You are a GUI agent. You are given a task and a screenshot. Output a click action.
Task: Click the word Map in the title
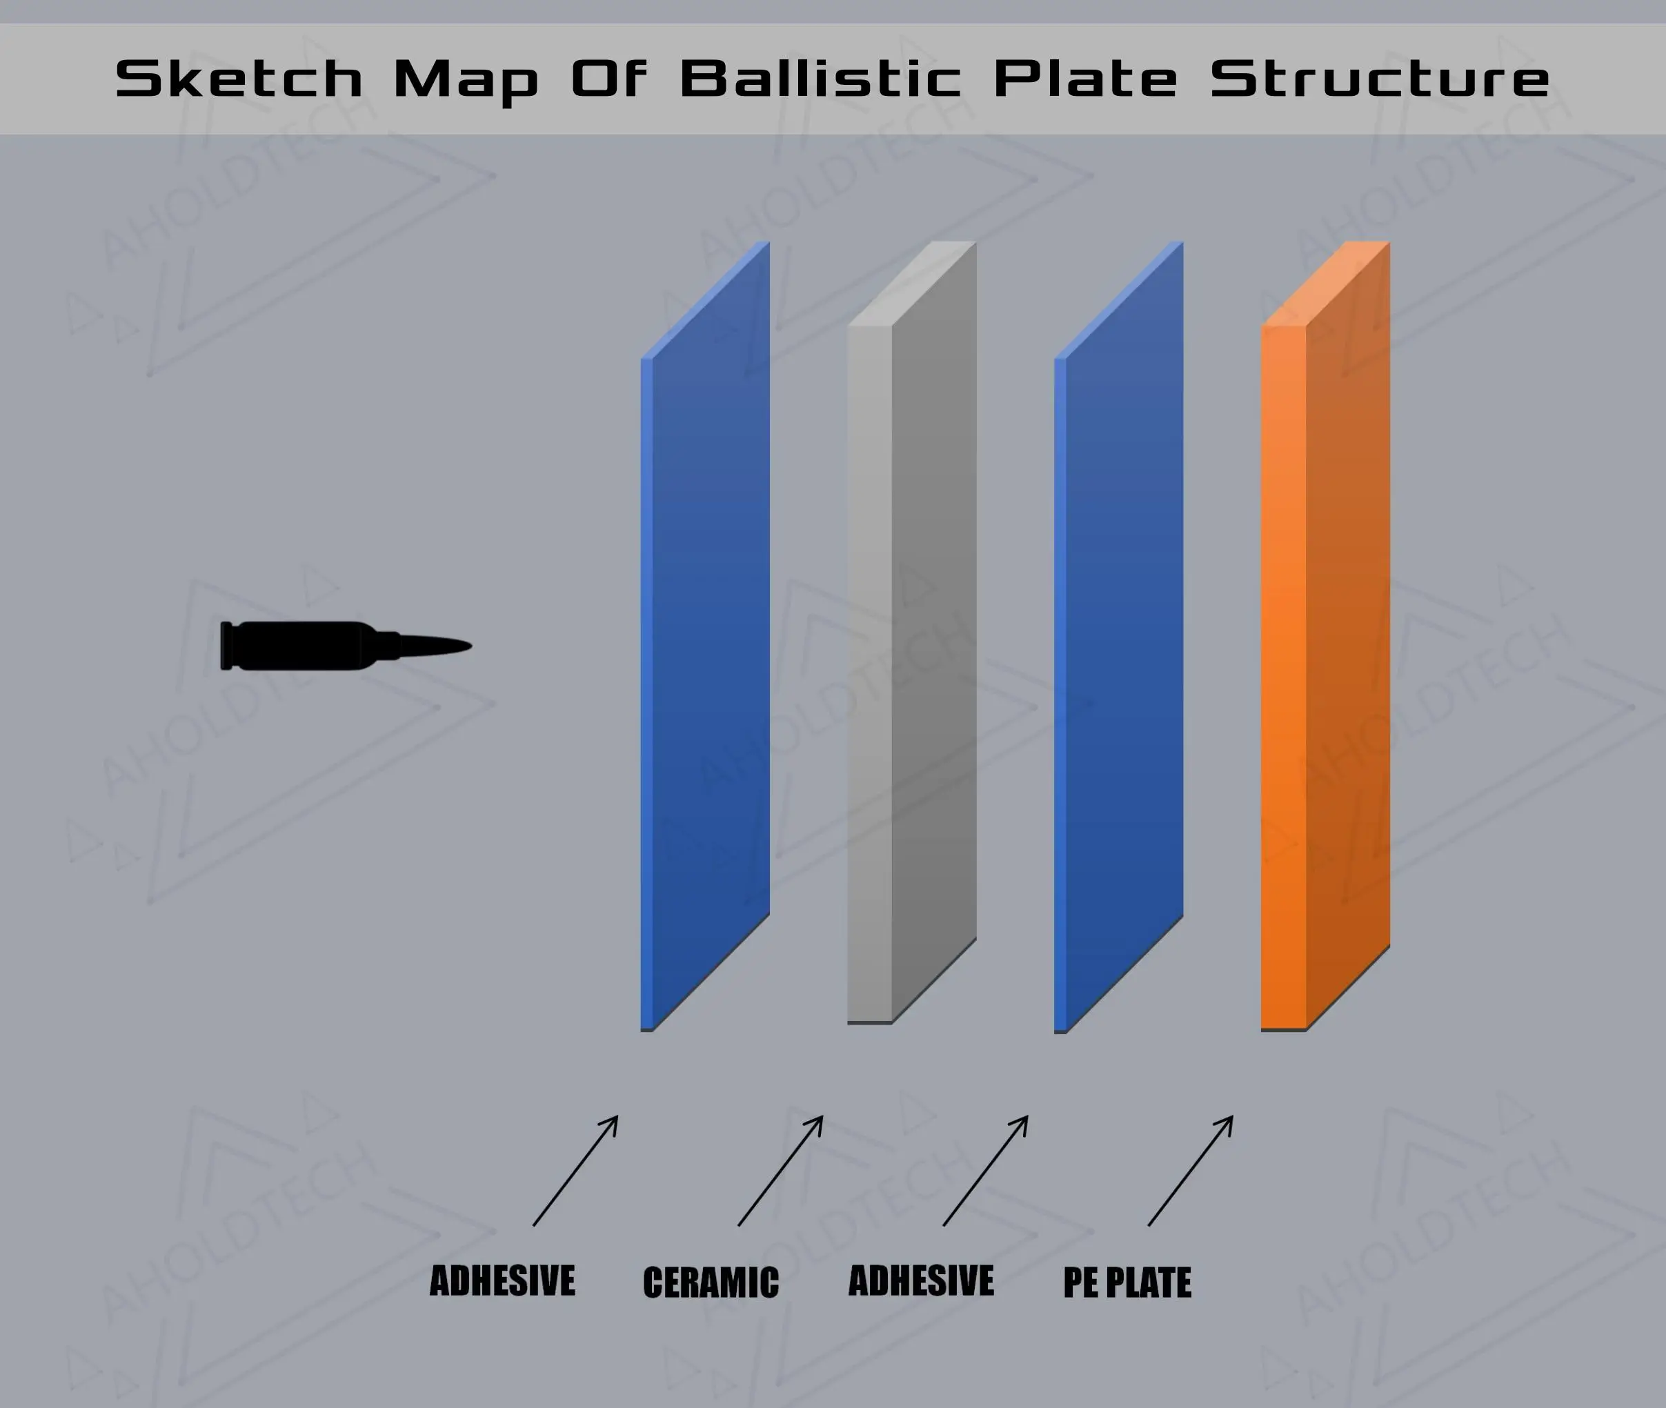(466, 82)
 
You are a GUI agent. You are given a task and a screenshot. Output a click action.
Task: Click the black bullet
(346, 646)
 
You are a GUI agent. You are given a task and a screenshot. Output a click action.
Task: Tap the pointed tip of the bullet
(471, 646)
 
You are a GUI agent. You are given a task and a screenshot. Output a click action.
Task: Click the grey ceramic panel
(911, 632)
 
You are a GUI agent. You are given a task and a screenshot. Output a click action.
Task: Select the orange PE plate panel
(1325, 636)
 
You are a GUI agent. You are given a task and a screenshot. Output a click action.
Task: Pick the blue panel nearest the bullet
(706, 636)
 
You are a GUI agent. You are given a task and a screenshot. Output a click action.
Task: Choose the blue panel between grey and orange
(1119, 637)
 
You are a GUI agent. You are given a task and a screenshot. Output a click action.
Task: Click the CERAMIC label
(711, 1282)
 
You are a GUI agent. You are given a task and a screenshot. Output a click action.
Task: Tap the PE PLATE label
(1127, 1282)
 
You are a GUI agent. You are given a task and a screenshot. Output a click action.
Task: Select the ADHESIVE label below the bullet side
(502, 1281)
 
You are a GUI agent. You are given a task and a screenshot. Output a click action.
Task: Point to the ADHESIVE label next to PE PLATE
(921, 1281)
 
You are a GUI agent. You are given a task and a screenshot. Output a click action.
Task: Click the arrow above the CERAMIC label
(781, 1171)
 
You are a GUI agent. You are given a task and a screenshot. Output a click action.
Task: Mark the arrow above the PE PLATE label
(1191, 1171)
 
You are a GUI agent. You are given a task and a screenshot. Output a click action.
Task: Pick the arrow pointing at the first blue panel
(575, 1171)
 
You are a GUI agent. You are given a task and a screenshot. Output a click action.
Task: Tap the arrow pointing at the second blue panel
(986, 1171)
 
